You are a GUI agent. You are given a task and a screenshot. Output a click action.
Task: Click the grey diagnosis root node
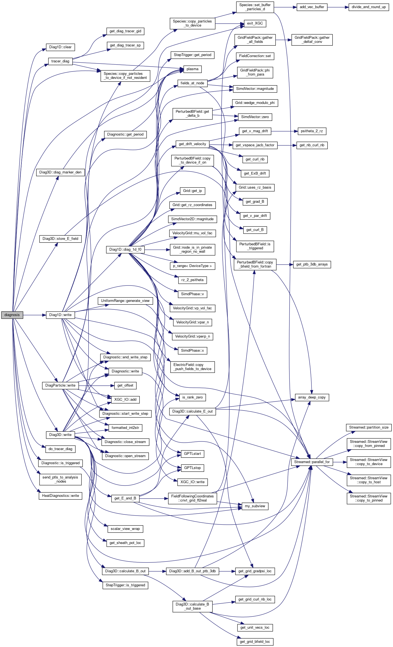(12, 315)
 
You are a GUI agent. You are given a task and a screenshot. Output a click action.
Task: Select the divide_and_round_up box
(369, 7)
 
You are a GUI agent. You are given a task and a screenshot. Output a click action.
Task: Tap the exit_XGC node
(255, 23)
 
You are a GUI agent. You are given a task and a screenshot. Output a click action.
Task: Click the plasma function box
(192, 69)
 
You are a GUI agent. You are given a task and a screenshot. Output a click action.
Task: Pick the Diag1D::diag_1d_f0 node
(125, 250)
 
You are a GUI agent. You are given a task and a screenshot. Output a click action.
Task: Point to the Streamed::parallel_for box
(312, 462)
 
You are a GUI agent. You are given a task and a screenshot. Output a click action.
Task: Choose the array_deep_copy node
(312, 397)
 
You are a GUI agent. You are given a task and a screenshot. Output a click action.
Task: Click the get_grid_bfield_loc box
(255, 642)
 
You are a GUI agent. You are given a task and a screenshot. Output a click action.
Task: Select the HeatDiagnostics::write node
(60, 496)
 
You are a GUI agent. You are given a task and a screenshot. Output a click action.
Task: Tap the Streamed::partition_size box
(369, 428)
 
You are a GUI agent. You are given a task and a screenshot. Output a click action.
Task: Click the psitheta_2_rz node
(312, 131)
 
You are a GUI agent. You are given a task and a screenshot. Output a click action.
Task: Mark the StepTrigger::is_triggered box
(125, 585)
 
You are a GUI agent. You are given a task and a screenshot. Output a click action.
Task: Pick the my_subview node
(255, 506)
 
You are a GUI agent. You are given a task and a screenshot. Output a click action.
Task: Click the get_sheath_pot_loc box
(125, 543)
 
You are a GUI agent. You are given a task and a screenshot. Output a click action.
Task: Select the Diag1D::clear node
(60, 47)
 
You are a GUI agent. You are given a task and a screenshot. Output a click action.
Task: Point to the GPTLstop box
(192, 468)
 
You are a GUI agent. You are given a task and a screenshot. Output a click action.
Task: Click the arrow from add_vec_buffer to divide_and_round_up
(338, 7)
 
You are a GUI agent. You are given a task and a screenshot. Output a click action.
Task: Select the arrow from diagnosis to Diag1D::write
(35, 315)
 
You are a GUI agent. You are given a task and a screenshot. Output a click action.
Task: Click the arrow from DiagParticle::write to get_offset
(96, 385)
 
